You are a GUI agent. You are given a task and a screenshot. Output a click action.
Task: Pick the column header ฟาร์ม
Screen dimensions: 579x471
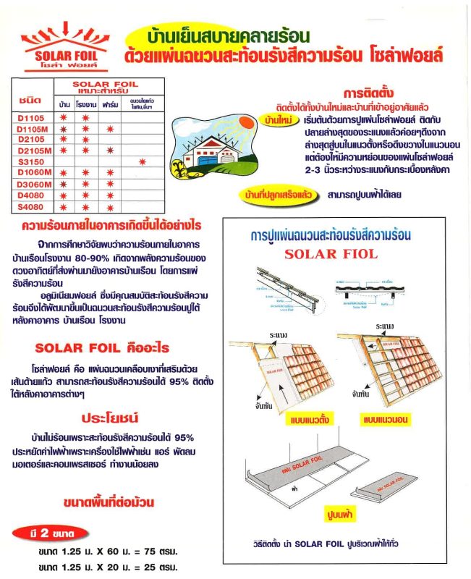point(110,105)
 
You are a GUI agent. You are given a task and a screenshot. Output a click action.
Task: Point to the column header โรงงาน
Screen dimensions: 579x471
point(85,105)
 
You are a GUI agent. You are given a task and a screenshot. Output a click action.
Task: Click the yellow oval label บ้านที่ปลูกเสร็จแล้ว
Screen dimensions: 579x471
point(279,194)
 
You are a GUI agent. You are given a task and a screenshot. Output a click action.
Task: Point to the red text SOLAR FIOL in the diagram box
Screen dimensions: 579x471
point(331,254)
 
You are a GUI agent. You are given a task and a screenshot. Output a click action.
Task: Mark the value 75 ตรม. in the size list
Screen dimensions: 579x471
point(153,551)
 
